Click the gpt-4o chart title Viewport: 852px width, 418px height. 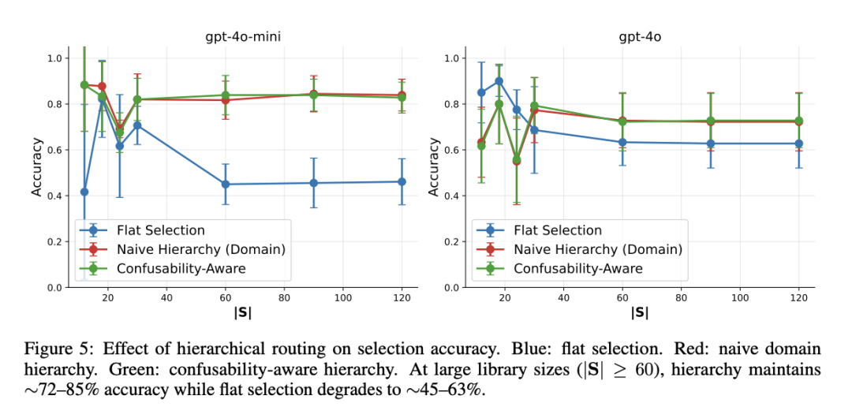tap(640, 37)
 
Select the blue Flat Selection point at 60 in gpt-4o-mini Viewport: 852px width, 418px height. tap(225, 184)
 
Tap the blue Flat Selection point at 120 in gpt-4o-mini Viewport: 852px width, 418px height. tap(402, 181)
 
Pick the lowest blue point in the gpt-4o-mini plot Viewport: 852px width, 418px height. tap(84, 192)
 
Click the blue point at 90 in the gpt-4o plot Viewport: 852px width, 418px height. tap(710, 144)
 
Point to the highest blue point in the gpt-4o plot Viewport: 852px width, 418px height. tap(499, 81)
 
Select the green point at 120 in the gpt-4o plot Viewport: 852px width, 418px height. tap(798, 121)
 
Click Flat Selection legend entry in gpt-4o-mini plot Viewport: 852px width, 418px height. tap(162, 230)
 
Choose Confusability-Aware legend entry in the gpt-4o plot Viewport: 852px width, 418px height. tap(577, 268)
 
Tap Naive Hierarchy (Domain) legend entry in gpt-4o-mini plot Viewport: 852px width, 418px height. tap(201, 249)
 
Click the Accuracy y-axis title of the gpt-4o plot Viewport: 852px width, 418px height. tap(434, 167)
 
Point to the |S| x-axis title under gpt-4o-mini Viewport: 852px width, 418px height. tap(244, 312)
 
